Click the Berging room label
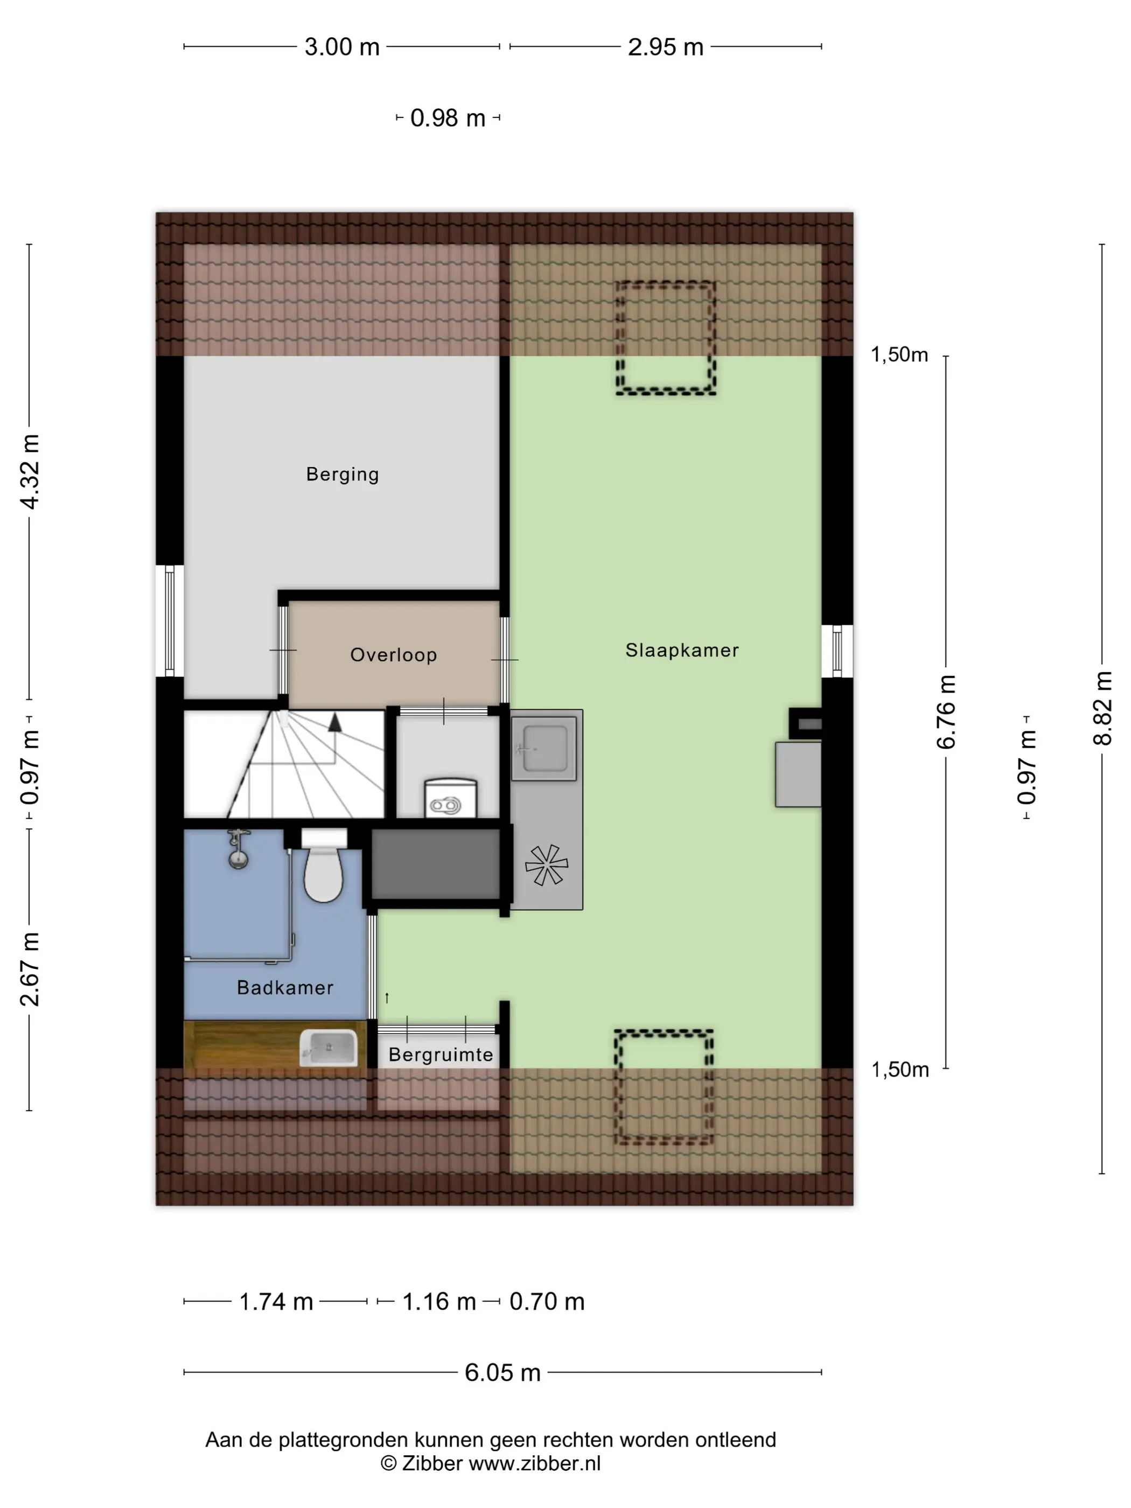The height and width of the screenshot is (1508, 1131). (x=342, y=474)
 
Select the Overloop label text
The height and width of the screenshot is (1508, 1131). (x=393, y=654)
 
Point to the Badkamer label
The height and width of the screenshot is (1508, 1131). (x=285, y=987)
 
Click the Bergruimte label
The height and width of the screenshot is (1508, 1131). (x=441, y=1055)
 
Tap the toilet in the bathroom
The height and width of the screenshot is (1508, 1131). (x=323, y=867)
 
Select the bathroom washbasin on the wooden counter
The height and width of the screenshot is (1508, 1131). (x=329, y=1048)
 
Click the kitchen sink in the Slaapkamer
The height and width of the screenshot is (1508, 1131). (x=544, y=749)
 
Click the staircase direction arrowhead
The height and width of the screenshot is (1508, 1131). (x=335, y=722)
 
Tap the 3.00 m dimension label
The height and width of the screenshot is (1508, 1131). (x=341, y=47)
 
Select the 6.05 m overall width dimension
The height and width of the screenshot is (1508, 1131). (x=502, y=1372)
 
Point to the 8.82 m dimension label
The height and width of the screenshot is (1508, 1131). (x=1102, y=708)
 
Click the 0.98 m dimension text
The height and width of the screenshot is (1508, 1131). (x=448, y=118)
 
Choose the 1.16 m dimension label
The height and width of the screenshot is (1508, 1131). (x=439, y=1301)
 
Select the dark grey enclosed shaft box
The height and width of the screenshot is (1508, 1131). (x=436, y=864)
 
